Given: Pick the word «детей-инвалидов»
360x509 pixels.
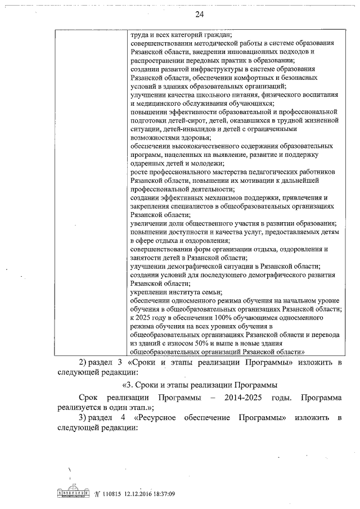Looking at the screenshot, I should [x=185, y=129].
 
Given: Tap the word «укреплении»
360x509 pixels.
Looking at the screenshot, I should [x=148, y=291].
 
